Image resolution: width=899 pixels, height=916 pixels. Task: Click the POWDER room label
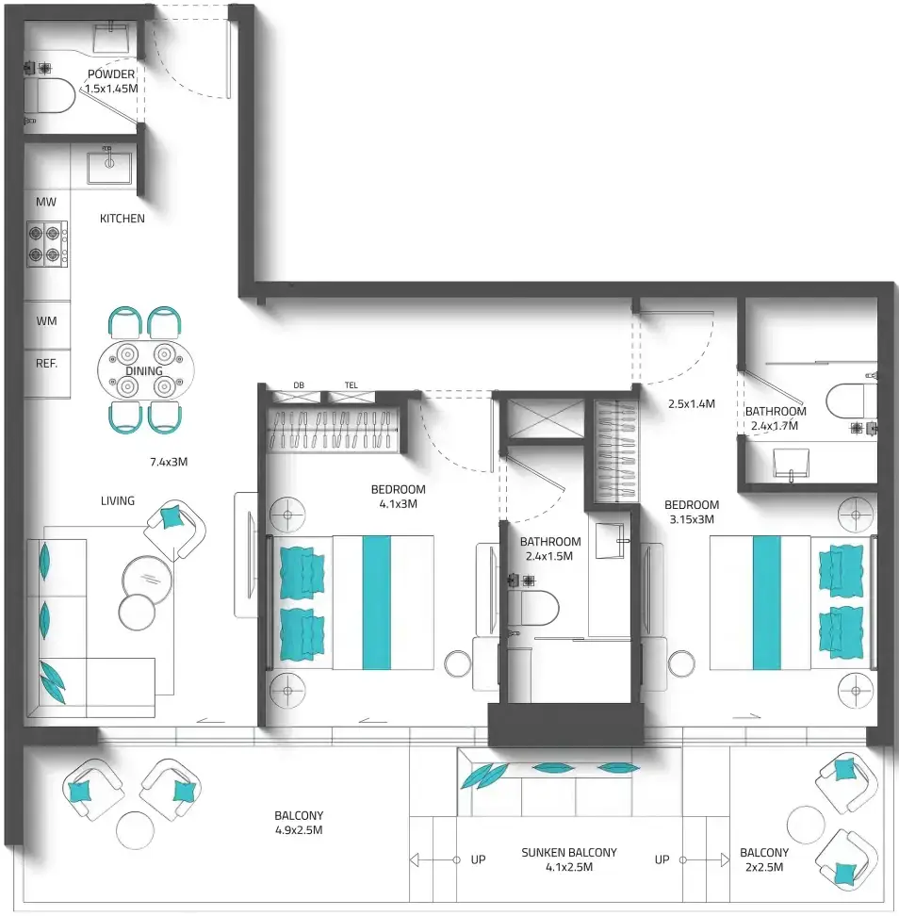[111, 74]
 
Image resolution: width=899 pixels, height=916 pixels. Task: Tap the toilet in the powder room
[50, 96]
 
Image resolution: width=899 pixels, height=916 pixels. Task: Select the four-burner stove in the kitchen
[47, 243]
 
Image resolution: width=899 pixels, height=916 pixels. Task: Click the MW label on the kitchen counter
[46, 202]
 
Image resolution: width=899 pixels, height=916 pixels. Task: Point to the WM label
[47, 320]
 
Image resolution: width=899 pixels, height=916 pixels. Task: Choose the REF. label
[47, 364]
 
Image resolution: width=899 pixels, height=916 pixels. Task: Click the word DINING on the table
[144, 371]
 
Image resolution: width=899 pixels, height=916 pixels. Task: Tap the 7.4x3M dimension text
[169, 462]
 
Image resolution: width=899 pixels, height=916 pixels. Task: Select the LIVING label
[118, 500]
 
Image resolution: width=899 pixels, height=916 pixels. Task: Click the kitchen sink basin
[109, 169]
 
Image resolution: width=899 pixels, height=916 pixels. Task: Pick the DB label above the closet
[299, 385]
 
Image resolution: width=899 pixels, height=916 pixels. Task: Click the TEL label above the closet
[351, 385]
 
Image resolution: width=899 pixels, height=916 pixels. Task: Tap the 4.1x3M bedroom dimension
[399, 503]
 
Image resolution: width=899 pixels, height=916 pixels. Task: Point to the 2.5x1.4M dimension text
[692, 403]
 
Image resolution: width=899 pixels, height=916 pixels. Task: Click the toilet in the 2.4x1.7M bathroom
[851, 401]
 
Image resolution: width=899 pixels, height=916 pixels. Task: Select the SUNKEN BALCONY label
[569, 852]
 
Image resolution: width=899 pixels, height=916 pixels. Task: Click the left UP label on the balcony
[478, 859]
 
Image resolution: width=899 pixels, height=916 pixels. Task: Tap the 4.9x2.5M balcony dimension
[299, 830]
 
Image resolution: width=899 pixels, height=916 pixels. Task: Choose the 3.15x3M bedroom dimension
[692, 519]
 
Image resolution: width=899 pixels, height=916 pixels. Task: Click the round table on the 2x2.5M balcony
[806, 825]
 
